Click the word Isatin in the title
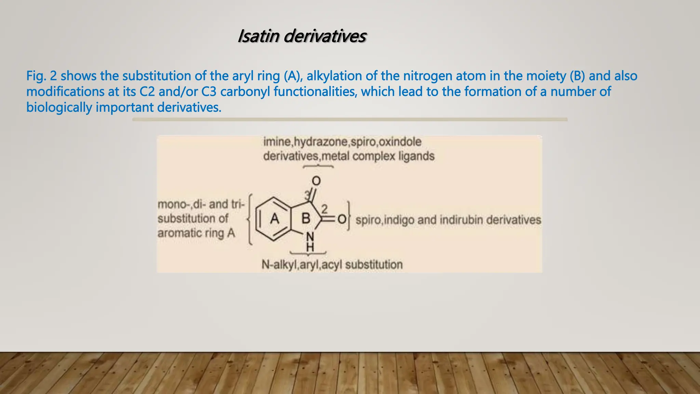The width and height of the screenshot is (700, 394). click(259, 36)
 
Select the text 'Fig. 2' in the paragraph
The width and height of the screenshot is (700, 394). click(41, 76)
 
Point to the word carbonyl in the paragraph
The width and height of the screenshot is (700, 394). click(245, 92)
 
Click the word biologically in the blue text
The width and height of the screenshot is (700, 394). click(59, 107)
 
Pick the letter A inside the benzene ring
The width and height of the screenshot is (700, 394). click(274, 218)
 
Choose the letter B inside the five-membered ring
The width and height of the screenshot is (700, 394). click(306, 218)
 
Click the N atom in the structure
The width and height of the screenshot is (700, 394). click(310, 236)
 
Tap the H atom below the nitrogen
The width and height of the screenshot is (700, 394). click(310, 247)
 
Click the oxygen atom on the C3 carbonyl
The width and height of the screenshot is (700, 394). click(316, 181)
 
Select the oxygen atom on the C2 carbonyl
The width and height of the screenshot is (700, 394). click(341, 219)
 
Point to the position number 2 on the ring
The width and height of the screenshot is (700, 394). click(324, 209)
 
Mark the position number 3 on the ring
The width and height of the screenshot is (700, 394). click(307, 195)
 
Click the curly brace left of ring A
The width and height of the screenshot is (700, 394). click(251, 219)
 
